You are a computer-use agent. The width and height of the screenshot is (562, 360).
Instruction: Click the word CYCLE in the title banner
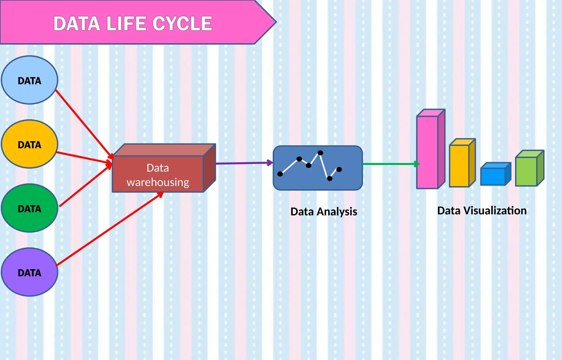182,24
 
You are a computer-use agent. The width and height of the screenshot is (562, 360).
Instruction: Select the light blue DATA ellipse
29,80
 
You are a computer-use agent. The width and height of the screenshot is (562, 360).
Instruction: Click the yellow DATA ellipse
29,144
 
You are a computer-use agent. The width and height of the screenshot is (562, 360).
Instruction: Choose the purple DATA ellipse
29,272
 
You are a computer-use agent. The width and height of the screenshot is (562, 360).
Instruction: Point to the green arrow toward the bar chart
390,164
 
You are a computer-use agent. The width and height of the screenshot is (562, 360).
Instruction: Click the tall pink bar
427,152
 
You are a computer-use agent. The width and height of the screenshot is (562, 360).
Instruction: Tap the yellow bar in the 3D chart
459,166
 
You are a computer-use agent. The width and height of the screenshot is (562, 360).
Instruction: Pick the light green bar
526,171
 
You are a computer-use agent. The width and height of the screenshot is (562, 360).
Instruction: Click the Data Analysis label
324,212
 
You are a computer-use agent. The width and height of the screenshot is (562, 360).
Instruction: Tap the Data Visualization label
482,211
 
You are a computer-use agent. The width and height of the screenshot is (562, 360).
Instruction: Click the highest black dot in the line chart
320,153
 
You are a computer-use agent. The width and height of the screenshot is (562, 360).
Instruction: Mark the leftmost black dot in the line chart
280,174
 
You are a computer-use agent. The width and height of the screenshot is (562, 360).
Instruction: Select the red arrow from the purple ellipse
110,229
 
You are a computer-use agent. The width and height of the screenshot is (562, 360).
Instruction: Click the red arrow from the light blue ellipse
84,123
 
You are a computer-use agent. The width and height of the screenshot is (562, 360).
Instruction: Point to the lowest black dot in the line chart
330,179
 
